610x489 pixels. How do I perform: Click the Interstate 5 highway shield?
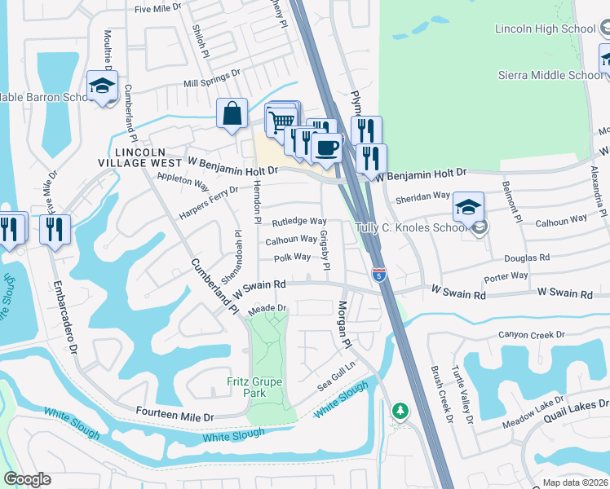click(x=378, y=275)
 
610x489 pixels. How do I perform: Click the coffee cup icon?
click(x=326, y=148)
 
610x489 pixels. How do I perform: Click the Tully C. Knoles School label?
click(x=411, y=227)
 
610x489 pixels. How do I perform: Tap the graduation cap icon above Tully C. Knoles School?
click(x=468, y=206)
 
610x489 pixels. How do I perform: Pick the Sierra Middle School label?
click(x=550, y=75)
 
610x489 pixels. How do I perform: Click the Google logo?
click(x=27, y=479)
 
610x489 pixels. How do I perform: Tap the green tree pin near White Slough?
click(x=398, y=411)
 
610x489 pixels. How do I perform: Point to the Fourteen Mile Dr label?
click(x=175, y=416)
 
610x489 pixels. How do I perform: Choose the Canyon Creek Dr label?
click(x=532, y=335)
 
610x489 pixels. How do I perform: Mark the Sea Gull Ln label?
click(x=337, y=377)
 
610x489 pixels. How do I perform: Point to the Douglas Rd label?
click(x=528, y=257)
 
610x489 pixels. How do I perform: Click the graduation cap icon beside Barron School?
click(x=103, y=86)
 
